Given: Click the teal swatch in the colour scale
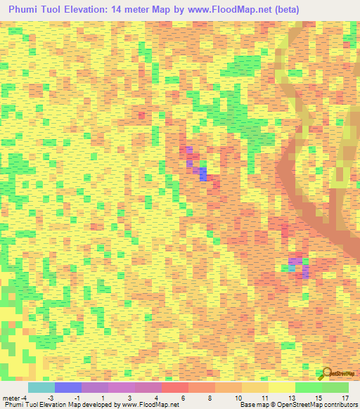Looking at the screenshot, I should tap(41, 387).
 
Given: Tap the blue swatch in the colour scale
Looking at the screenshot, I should tap(67, 387).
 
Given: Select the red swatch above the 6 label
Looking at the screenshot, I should tap(174, 387).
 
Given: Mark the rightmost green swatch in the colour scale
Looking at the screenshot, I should tap(335, 387).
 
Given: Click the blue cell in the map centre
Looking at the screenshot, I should tap(202, 173).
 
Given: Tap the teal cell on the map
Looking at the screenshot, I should tap(292, 268).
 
